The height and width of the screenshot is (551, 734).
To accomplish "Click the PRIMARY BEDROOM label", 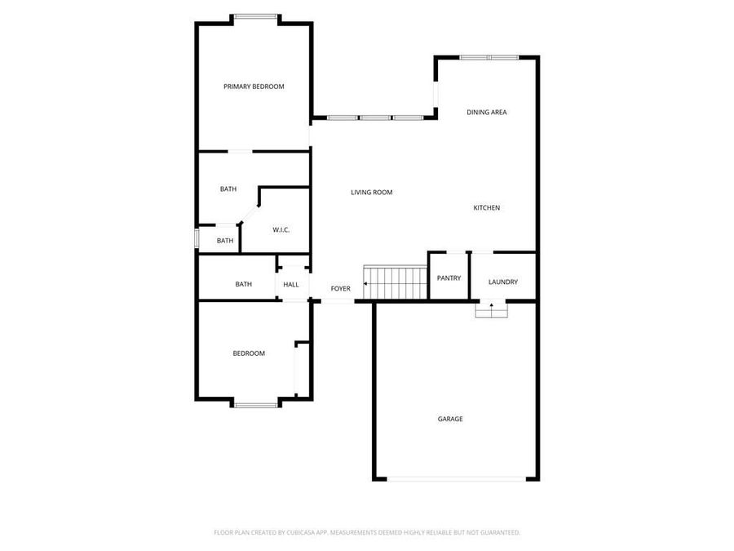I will [x=254, y=87].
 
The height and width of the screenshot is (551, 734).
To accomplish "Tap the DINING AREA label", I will [x=487, y=112].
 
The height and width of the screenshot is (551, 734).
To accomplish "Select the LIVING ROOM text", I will [x=372, y=193].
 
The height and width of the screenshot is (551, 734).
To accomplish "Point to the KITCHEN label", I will [x=487, y=208].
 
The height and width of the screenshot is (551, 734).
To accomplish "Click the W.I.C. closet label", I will [x=281, y=229].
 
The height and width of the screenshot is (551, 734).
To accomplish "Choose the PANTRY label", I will [x=449, y=278].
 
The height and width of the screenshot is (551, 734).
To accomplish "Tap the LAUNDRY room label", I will [x=503, y=282].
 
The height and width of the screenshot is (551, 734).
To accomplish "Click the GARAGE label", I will [x=450, y=419].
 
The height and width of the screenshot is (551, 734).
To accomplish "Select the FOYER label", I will [x=340, y=289].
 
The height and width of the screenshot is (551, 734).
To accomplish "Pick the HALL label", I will [x=291, y=285].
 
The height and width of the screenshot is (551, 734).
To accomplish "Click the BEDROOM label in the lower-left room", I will [x=249, y=353].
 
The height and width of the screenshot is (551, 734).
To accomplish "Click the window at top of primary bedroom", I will [x=255, y=16].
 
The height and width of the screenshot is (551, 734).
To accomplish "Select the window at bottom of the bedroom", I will [x=256, y=405].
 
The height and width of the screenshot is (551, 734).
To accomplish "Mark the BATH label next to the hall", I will [x=243, y=284].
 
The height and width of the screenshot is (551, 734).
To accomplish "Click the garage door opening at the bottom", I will [x=456, y=479].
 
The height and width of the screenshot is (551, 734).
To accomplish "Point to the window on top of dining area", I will [x=488, y=57].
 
